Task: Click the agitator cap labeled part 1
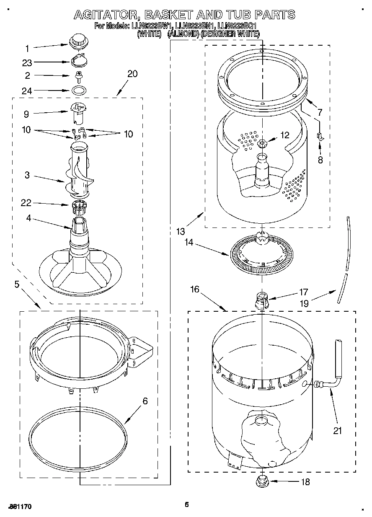77,41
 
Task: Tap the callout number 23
27,62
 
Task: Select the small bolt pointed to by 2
77,76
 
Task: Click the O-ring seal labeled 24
77,90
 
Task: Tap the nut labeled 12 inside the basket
263,144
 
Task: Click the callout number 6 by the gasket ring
145,401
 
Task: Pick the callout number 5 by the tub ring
17,284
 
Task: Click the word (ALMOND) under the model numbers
183,34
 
